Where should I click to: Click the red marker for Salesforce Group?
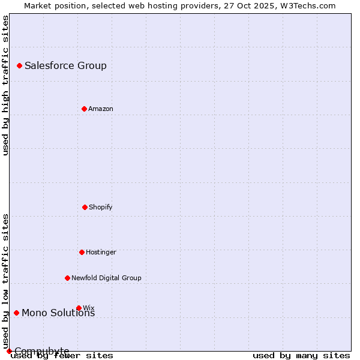tap(19, 65)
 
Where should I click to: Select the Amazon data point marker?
tap(84, 109)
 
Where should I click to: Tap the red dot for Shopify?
tap(85, 207)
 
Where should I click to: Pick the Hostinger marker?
tap(82, 252)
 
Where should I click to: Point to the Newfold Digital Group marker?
tap(67, 278)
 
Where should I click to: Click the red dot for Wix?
tap(79, 308)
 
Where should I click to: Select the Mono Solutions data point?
tap(16, 313)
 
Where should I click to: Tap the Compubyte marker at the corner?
tap(9, 351)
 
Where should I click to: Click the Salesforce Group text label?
tap(65, 65)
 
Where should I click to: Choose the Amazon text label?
tap(100, 109)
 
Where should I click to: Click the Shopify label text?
tap(100, 207)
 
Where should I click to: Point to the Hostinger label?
tap(101, 252)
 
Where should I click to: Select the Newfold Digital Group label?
tap(106, 278)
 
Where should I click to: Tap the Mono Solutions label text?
tap(58, 313)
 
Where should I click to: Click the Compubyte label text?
tap(41, 351)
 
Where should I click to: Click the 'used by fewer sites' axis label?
tap(62, 355)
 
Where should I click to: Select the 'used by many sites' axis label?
tap(301, 355)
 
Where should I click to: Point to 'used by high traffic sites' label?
tap(5, 85)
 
